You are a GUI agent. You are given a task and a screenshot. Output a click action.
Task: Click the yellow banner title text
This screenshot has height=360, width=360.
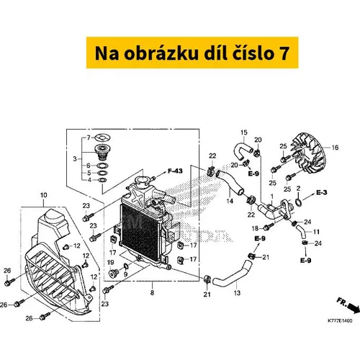pyautogui.click(x=192, y=53)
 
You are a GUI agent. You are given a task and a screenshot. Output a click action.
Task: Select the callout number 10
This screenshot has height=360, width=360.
pyautogui.click(x=44, y=195)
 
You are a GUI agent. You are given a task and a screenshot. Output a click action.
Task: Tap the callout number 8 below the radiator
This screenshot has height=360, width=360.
pyautogui.click(x=152, y=292)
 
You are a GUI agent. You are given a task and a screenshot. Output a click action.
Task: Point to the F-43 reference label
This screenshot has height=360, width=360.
pyautogui.click(x=175, y=171)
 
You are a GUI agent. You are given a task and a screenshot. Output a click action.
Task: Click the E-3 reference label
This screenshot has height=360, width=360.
pyautogui.click(x=322, y=192)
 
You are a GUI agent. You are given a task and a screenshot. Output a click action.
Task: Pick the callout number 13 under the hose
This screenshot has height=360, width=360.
pyautogui.click(x=237, y=293)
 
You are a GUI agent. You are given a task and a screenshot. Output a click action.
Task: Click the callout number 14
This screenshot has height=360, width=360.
pyautogui.click(x=230, y=201)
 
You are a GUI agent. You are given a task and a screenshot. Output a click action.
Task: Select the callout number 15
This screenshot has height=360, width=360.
pyautogui.click(x=243, y=132)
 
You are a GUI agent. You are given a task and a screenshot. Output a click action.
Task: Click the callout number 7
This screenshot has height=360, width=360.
pyautogui.click(x=89, y=138)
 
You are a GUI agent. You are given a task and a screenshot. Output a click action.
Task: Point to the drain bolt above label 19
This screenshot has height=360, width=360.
pyautogui.click(x=112, y=274)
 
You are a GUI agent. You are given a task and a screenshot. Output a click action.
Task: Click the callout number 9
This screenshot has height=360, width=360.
pyautogui.click(x=125, y=274)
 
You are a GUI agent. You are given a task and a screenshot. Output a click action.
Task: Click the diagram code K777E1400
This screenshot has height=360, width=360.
pyautogui.click(x=340, y=320)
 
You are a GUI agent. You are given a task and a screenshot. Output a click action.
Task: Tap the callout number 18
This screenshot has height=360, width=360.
pyautogui.click(x=255, y=228)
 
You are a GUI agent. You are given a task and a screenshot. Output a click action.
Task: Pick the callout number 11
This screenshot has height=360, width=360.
pyautogui.click(x=316, y=232)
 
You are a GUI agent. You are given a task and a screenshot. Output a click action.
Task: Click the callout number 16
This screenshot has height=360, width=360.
pyautogui.click(x=335, y=148)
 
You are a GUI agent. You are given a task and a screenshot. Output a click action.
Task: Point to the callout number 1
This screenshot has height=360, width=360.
pyautogui.click(x=272, y=197)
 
